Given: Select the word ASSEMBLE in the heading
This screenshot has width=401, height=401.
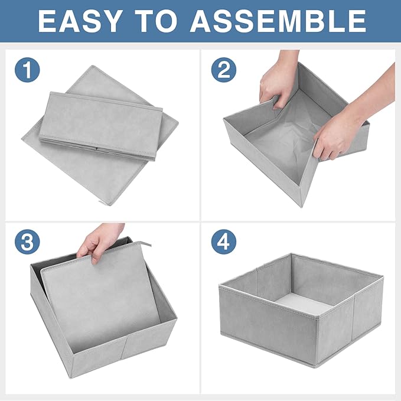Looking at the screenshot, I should (278, 21).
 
